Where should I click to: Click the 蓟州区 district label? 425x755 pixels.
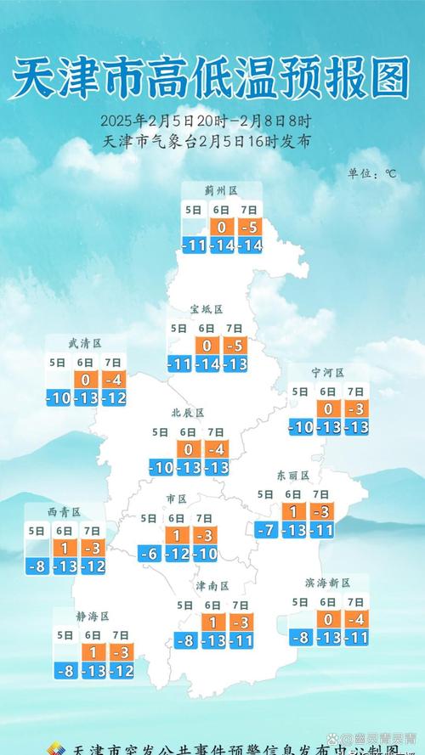(219, 190)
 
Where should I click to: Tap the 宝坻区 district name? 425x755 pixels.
(206, 309)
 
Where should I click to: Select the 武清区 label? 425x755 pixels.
(85, 343)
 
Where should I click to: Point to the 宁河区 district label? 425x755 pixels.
(327, 373)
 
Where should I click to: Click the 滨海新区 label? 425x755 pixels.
(326, 583)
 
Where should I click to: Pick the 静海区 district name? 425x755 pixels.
(93, 616)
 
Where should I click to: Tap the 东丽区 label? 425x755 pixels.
(292, 476)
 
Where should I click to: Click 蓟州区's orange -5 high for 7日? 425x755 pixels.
(249, 228)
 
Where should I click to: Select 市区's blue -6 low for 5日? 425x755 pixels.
(150, 554)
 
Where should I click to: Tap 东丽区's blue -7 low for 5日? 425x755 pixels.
(266, 530)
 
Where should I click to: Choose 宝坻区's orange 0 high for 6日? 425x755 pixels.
(207, 346)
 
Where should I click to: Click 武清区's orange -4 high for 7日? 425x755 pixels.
(113, 379)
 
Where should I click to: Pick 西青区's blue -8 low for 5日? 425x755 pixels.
(37, 566)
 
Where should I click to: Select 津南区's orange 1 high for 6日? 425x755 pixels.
(213, 623)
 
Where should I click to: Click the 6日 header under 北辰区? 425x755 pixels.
(188, 431)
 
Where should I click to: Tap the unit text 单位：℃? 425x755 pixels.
(371, 173)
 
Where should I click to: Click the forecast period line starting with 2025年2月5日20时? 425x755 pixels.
(206, 120)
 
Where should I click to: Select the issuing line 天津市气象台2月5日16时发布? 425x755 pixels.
(206, 141)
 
